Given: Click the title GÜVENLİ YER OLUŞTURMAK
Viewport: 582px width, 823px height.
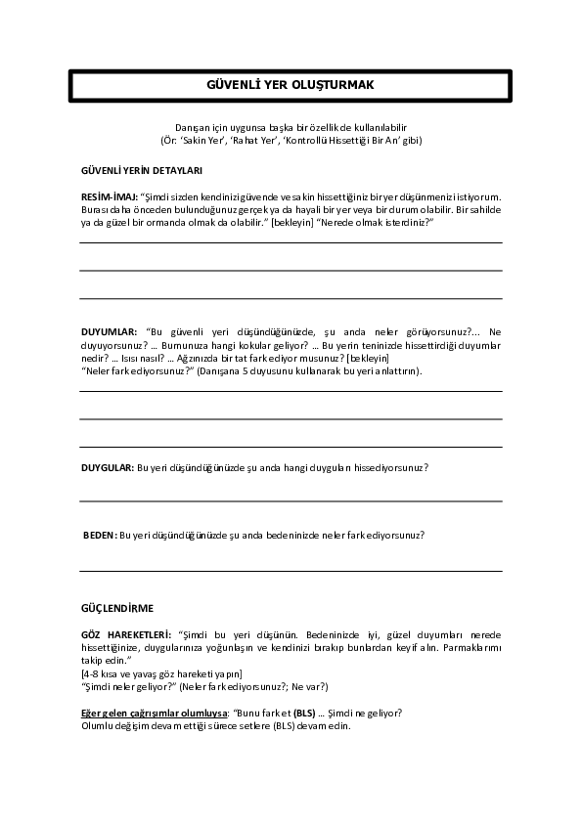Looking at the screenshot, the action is [291, 85].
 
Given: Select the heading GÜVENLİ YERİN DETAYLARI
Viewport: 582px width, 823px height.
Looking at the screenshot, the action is [141, 170].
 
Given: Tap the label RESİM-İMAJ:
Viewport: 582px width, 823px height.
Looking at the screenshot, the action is [109, 196].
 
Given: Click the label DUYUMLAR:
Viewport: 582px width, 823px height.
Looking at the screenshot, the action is [109, 332].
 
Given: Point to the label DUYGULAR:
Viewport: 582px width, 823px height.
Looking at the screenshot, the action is [107, 468].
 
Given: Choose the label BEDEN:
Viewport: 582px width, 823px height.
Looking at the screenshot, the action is [100, 535].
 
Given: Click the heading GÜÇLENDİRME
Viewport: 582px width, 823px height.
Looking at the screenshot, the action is [116, 607].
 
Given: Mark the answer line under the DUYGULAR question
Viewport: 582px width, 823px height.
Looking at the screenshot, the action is [291, 501].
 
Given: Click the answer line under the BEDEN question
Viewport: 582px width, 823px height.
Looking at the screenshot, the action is [291, 571].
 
